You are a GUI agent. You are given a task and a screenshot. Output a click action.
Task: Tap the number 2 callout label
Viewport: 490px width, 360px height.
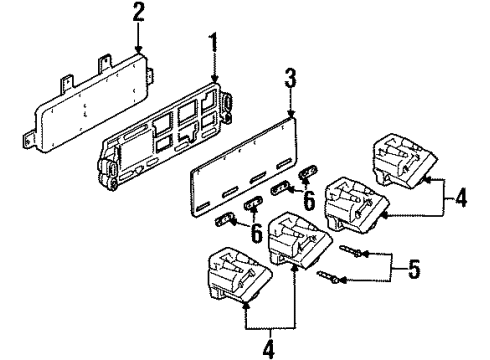pyautogui.click(x=137, y=11)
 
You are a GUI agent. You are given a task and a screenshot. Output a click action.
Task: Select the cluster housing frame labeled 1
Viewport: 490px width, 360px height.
pyautogui.click(x=165, y=140)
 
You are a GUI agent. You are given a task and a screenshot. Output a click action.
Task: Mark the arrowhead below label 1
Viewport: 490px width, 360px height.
pyautogui.click(x=213, y=82)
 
